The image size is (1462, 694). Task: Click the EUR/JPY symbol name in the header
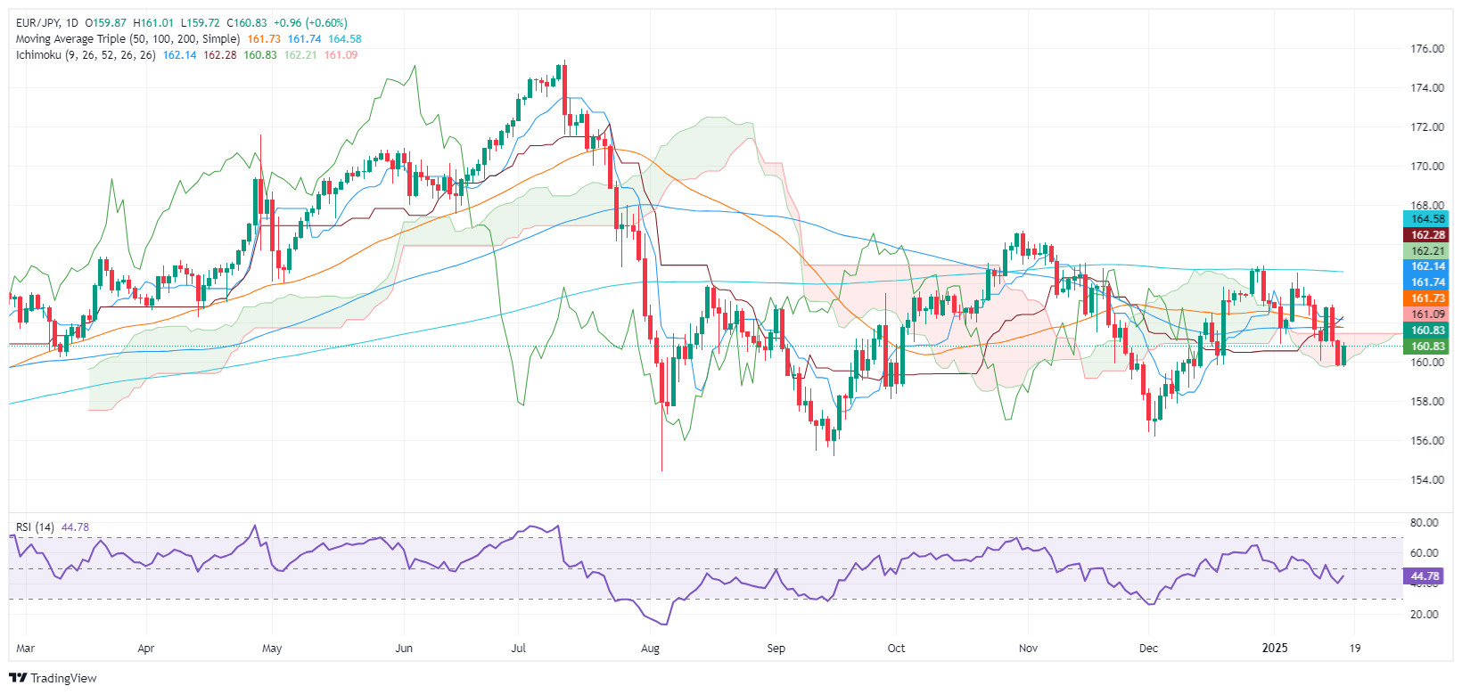41,23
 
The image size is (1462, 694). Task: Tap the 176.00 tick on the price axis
1427,49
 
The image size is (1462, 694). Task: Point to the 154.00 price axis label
1427,480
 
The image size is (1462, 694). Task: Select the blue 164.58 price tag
1427,219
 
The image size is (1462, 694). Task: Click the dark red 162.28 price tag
1427,235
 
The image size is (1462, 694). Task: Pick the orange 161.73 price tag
1427,298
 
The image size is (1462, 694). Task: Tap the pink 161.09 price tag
1427,314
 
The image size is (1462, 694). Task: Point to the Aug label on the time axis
650,649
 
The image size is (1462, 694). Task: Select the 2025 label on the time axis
1275,649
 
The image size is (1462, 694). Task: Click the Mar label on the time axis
25,649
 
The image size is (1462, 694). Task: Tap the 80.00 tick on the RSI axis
1425,523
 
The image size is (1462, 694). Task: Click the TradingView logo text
63,678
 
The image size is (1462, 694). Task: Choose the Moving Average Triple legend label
127,39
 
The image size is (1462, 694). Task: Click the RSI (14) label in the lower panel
35,527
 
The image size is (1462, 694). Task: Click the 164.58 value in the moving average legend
345,39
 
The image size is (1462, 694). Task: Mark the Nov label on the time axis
1028,649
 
